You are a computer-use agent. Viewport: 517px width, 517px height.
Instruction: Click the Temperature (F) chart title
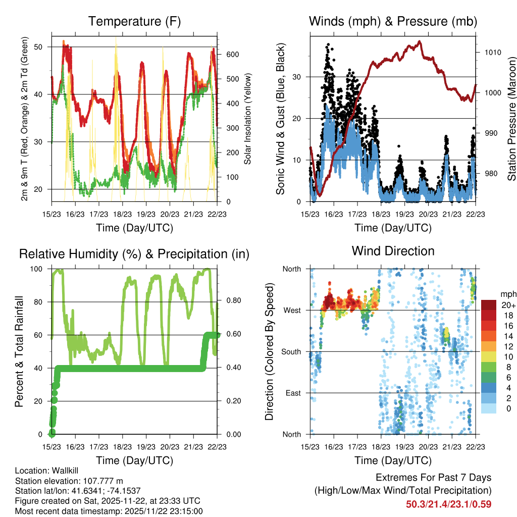coord(134,21)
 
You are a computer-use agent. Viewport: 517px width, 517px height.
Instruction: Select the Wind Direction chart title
coord(393,251)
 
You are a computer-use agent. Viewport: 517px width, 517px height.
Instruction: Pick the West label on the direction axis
coord(291,310)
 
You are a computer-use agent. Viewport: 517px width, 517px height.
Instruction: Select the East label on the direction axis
coord(292,393)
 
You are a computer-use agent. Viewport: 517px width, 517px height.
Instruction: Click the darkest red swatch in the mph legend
coord(489,304)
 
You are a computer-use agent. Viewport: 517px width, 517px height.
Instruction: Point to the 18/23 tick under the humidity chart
coord(123,446)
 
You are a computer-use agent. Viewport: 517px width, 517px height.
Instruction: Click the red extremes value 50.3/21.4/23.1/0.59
coord(448,504)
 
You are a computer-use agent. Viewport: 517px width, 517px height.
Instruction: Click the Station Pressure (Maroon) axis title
coord(511,118)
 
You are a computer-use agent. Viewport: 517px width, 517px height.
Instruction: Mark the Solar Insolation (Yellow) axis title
coord(247,118)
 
